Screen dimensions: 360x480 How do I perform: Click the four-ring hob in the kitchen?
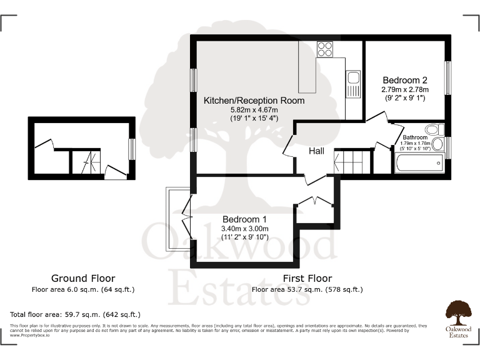pyautogui.click(x=325, y=49)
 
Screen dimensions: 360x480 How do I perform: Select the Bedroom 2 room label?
pyautogui.click(x=405, y=80)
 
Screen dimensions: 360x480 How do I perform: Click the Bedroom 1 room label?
pyautogui.click(x=245, y=219)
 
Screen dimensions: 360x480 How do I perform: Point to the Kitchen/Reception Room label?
pyautogui.click(x=254, y=100)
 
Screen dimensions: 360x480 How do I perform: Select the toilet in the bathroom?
pyautogui.click(x=439, y=129)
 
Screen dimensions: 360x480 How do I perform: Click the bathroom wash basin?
pyautogui.click(x=438, y=145)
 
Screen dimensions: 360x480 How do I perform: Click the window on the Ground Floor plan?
pyautogui.click(x=132, y=149)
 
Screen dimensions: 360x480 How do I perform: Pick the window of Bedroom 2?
pyautogui.click(x=447, y=77)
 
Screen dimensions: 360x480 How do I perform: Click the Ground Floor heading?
pyautogui.click(x=83, y=278)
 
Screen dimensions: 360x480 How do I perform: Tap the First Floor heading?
pyautogui.click(x=307, y=278)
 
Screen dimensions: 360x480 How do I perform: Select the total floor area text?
pyautogui.click(x=75, y=314)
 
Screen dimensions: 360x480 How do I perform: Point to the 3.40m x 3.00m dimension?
pyautogui.click(x=244, y=229)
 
